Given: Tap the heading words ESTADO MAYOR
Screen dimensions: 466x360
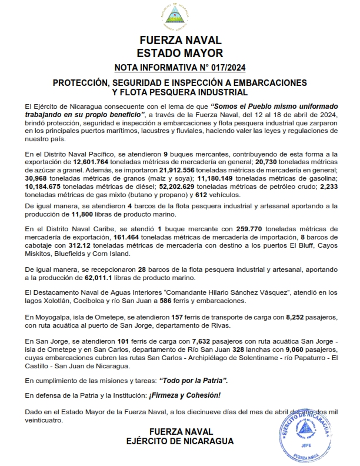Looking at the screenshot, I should pyautogui.click(x=180, y=53).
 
